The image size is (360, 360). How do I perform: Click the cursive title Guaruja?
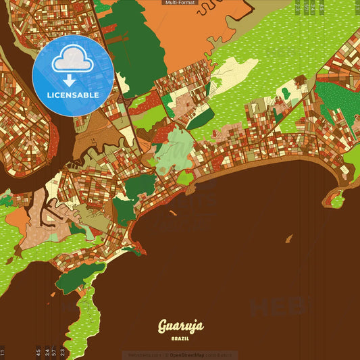[180, 328]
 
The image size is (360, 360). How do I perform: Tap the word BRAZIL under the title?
[180, 338]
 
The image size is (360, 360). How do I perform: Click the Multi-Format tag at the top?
[180, 3]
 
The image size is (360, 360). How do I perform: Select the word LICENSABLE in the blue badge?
[73, 95]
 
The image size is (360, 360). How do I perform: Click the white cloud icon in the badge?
[73, 60]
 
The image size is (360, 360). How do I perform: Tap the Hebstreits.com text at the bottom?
[144, 355]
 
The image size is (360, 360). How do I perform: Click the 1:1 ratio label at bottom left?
[3, 352]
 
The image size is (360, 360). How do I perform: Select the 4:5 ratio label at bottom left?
[38, 352]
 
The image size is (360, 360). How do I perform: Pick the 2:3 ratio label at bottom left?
[63, 352]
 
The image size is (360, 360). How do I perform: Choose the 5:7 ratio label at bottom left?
[54, 352]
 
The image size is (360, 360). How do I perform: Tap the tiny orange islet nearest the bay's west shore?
[174, 213]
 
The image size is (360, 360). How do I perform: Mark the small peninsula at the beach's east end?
[336, 197]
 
